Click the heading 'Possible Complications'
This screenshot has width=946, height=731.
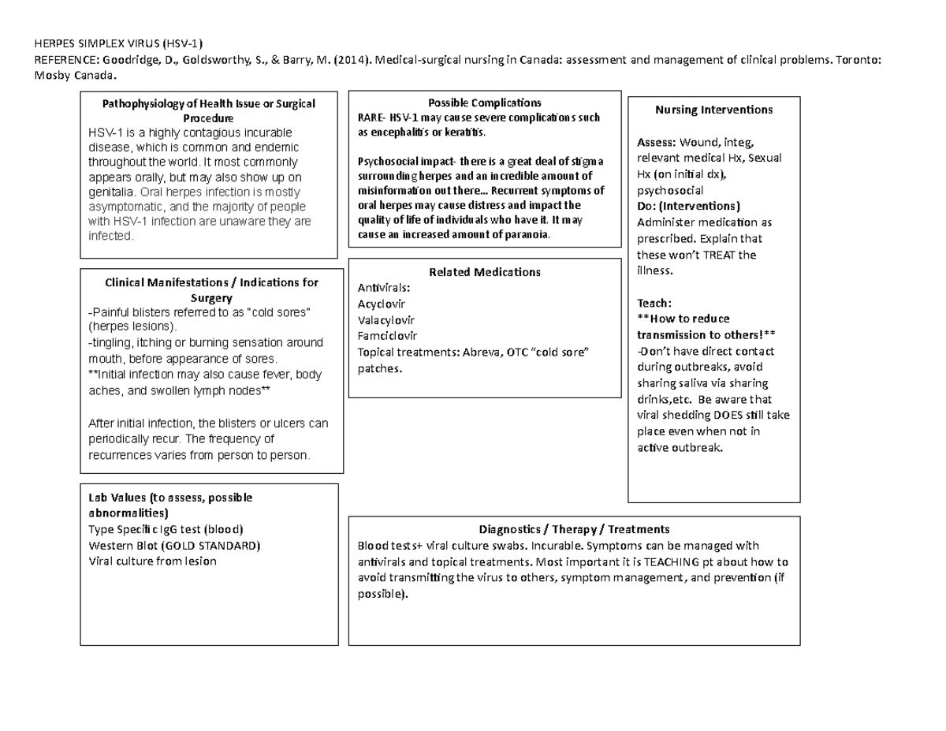pos(483,103)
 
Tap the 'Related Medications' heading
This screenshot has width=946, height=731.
pos(484,272)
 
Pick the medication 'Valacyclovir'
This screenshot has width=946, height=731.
pos(385,320)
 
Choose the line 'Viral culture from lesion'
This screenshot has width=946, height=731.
pos(152,561)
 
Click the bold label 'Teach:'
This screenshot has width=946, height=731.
pos(654,303)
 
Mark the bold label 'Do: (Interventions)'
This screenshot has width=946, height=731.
pos(688,207)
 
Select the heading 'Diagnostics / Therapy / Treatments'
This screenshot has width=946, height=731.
pos(574,529)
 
